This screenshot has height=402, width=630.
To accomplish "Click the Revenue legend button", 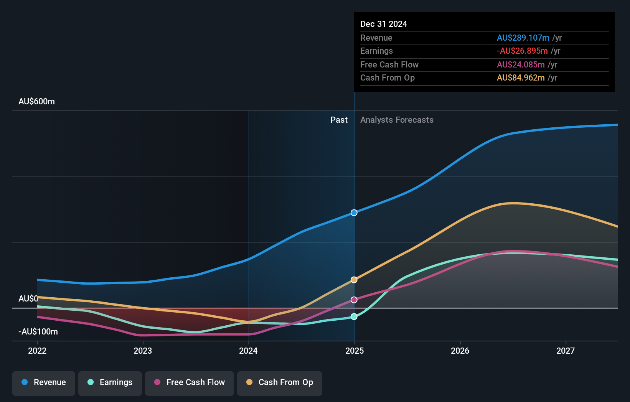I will [x=44, y=383].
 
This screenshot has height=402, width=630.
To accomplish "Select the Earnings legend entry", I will [x=110, y=383].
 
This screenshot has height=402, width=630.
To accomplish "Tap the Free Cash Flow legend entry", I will [x=190, y=383].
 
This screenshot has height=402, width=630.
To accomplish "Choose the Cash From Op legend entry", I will [x=280, y=383].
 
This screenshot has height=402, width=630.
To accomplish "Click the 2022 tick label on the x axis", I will [x=37, y=351].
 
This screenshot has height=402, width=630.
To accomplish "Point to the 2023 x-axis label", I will [x=143, y=351].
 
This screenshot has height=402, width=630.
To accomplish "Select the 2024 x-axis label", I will [x=248, y=351].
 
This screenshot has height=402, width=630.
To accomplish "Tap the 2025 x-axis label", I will [x=355, y=351].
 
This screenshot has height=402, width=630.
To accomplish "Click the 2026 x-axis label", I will [x=460, y=351].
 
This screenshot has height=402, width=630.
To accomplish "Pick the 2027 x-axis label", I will [x=566, y=351].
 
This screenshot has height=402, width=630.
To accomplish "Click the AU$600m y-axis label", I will [x=36, y=102].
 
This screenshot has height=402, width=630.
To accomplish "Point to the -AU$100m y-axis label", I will [x=38, y=332].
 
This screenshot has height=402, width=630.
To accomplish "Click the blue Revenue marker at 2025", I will [x=354, y=213].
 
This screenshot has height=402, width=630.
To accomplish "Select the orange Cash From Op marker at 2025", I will [x=354, y=280].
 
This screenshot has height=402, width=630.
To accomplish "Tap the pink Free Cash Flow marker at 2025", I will [x=354, y=300].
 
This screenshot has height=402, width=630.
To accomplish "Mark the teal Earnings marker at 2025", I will [x=354, y=316].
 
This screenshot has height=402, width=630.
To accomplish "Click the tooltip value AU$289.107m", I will [x=523, y=38].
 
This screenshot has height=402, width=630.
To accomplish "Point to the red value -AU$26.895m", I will [x=522, y=51].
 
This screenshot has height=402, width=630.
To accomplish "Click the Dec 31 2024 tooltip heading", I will [x=384, y=24].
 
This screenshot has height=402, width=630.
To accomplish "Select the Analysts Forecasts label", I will [x=397, y=120].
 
